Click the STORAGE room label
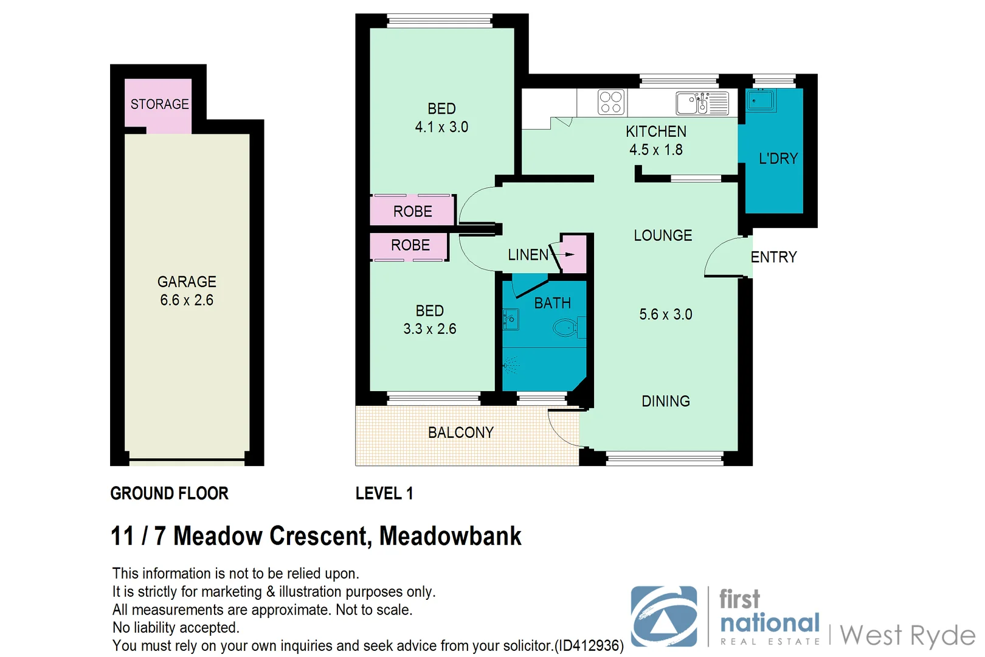coord(159,104)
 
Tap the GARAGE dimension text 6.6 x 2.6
coord(187,300)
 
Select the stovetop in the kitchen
coord(610,102)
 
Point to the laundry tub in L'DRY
coord(761,100)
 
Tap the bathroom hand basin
coord(511,319)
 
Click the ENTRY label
coord(773,257)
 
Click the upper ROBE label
coord(413,212)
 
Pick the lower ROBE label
coord(410,245)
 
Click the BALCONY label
coord(461,433)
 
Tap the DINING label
coord(666,401)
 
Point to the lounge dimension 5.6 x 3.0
coord(666,315)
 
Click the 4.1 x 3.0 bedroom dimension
coord(441,127)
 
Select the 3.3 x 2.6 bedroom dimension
coord(430,329)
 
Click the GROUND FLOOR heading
coord(169,493)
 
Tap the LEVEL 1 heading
coord(384,493)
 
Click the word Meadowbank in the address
coord(450,536)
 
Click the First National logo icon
coord(664,616)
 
